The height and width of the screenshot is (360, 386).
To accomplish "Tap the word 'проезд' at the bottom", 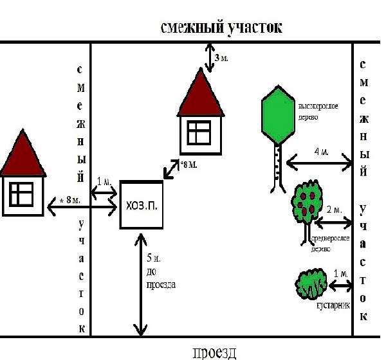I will pyautogui.click(x=214, y=352).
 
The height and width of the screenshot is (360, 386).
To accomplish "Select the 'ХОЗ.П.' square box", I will pyautogui.click(x=141, y=205).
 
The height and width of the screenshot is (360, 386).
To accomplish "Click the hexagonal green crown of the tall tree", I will pyautogui.click(x=279, y=116).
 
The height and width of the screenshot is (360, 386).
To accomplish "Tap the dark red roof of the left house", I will pyautogui.click(x=24, y=156).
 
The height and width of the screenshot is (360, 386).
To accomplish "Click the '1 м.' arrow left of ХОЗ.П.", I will pyautogui.click(x=105, y=192).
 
